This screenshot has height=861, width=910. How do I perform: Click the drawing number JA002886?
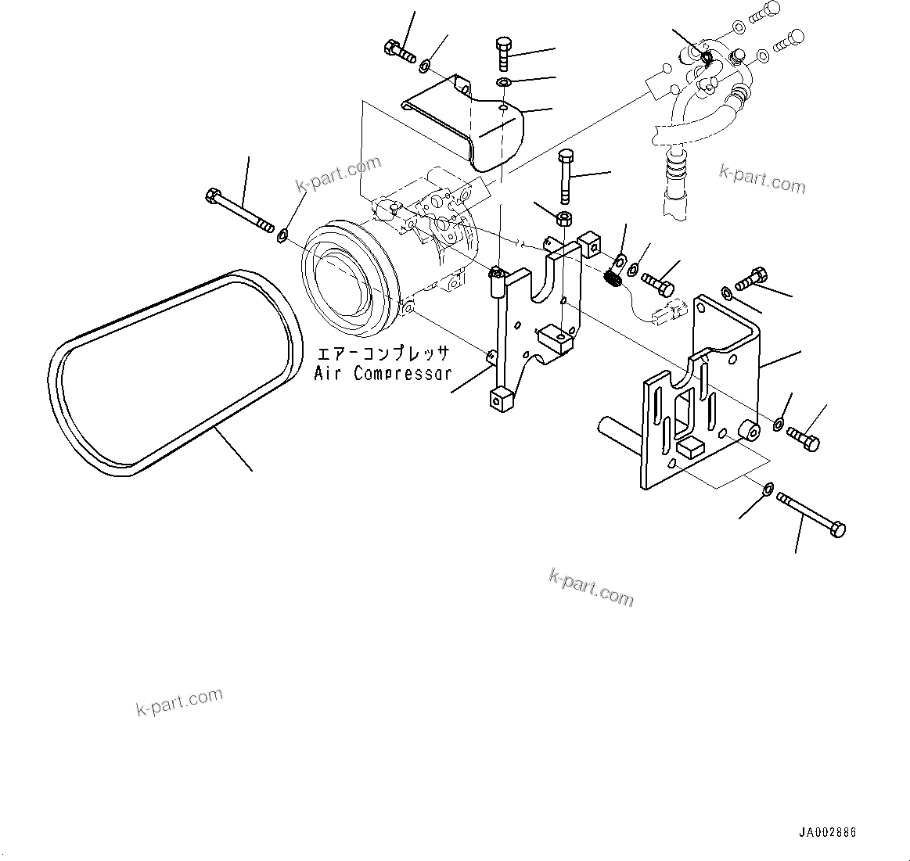point(827,833)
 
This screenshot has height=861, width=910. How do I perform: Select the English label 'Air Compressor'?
point(383,374)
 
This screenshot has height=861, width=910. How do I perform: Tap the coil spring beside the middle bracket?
point(614,277)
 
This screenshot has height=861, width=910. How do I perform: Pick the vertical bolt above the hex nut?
point(566,176)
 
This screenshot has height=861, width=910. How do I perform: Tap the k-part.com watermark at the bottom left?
point(179,701)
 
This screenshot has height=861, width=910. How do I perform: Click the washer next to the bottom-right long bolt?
point(768,490)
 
